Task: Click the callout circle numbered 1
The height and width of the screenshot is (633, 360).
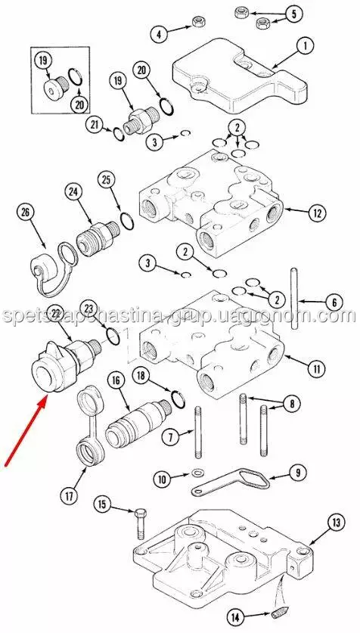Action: click(x=305, y=46)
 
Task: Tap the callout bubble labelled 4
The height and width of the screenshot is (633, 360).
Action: click(x=159, y=34)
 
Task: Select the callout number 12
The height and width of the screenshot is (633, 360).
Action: click(x=317, y=213)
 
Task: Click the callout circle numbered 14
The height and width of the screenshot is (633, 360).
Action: click(x=236, y=617)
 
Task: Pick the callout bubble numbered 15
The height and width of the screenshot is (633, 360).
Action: click(x=103, y=504)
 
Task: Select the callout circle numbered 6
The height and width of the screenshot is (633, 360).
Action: click(x=334, y=302)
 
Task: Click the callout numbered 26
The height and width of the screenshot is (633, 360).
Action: click(x=26, y=213)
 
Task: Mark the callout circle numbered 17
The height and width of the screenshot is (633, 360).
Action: click(x=69, y=496)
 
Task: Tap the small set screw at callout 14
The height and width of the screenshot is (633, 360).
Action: click(x=278, y=616)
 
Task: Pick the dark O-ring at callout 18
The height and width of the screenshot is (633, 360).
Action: click(x=178, y=399)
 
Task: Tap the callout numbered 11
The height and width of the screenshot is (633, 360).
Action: click(x=316, y=368)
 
